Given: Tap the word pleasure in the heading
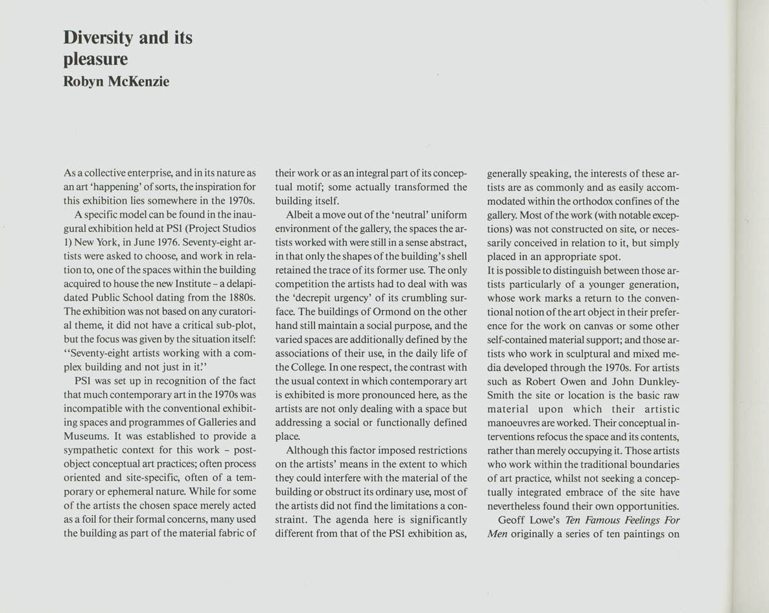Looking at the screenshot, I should point(95,60).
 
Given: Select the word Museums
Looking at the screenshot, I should point(85,436).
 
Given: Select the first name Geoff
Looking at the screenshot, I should point(510,520).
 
